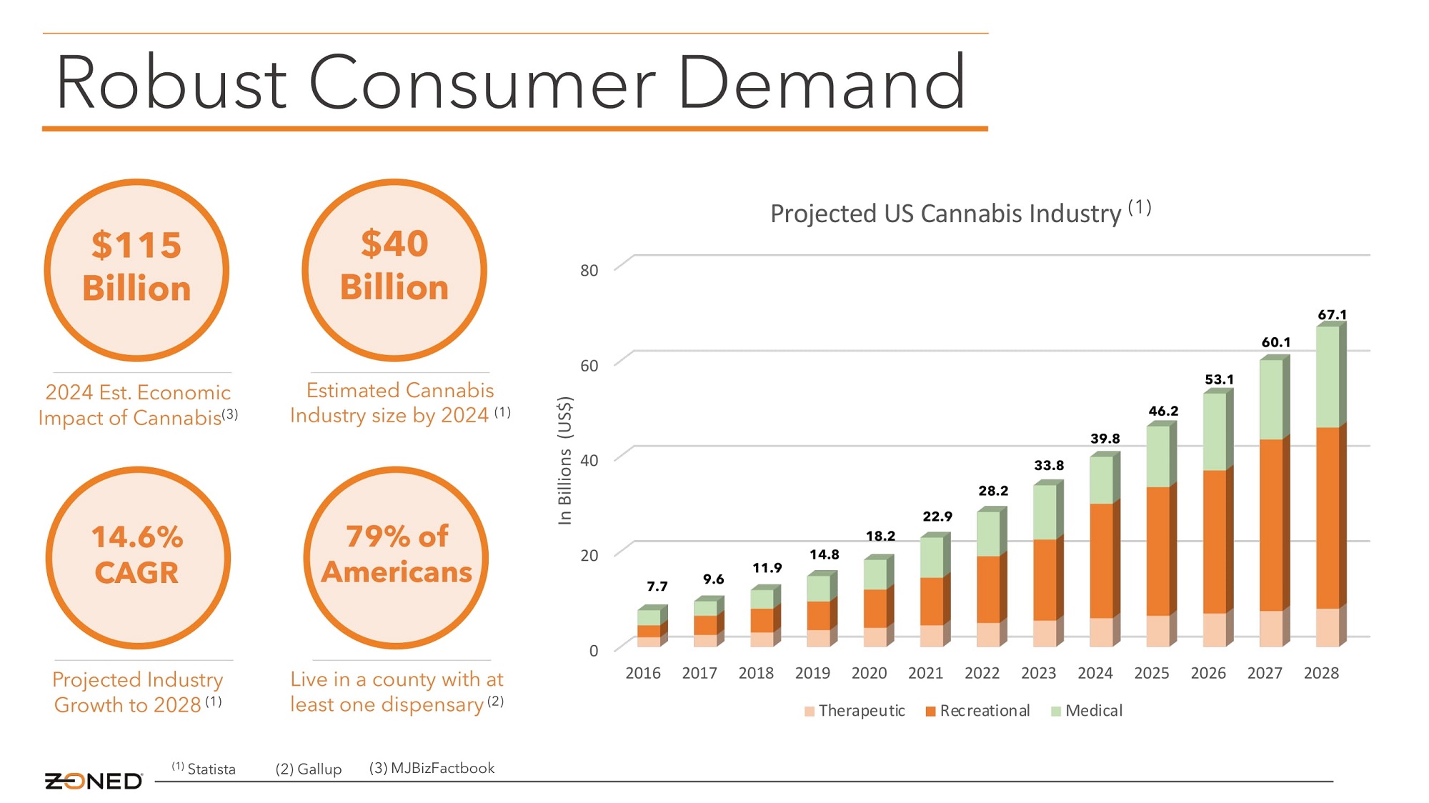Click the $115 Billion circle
tap(136, 270)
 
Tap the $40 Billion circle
tap(394, 270)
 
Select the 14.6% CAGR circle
tap(138, 558)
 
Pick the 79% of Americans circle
tap(396, 558)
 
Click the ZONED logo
tap(94, 781)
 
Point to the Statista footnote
tap(204, 769)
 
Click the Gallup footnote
tap(309, 769)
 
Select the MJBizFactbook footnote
tap(432, 768)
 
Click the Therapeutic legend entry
tap(855, 711)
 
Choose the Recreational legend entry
tap(978, 711)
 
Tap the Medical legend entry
tap(1087, 711)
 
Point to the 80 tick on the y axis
tap(589, 270)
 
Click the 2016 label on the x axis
tap(643, 673)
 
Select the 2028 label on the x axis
tap(1321, 673)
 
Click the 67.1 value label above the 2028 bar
tap(1333, 314)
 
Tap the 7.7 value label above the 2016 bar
tap(657, 587)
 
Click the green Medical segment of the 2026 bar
tap(1215, 432)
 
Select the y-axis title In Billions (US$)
tap(565, 460)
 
